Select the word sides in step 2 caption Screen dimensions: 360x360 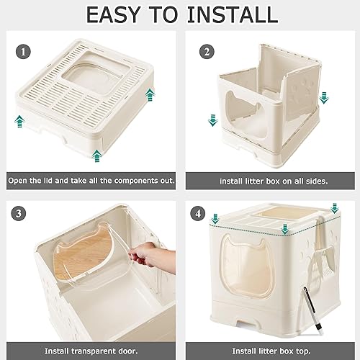coord(313,181)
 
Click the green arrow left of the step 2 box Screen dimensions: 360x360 coord(212,119)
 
